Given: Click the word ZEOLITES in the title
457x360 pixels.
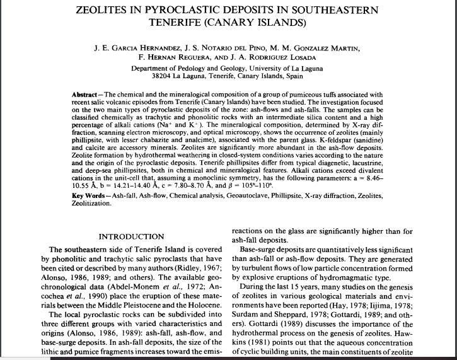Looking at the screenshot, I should [x=107, y=10].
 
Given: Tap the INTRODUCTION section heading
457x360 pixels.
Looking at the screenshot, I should [x=132, y=236].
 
